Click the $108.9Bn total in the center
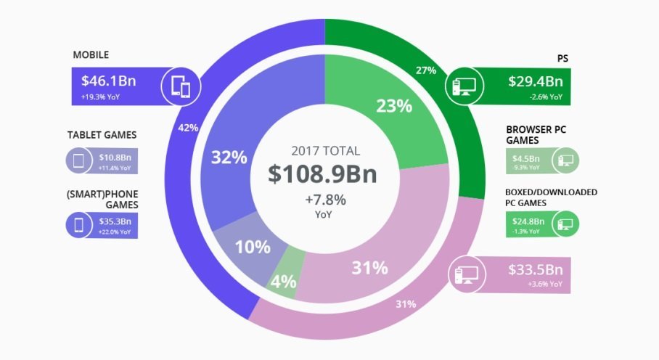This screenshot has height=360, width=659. coord(323,175)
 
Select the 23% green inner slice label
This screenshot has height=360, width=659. coord(394,106)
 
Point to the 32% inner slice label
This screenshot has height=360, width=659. coord(229,157)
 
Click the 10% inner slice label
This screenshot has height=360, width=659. coord(252,247)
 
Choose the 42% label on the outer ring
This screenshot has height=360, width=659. coord(188,128)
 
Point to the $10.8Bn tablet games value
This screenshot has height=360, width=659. coord(115,157)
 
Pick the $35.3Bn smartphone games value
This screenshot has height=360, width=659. coord(115,221)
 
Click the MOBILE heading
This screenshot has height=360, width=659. coord(91,55)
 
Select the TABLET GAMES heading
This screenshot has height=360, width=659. coord(102,135)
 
